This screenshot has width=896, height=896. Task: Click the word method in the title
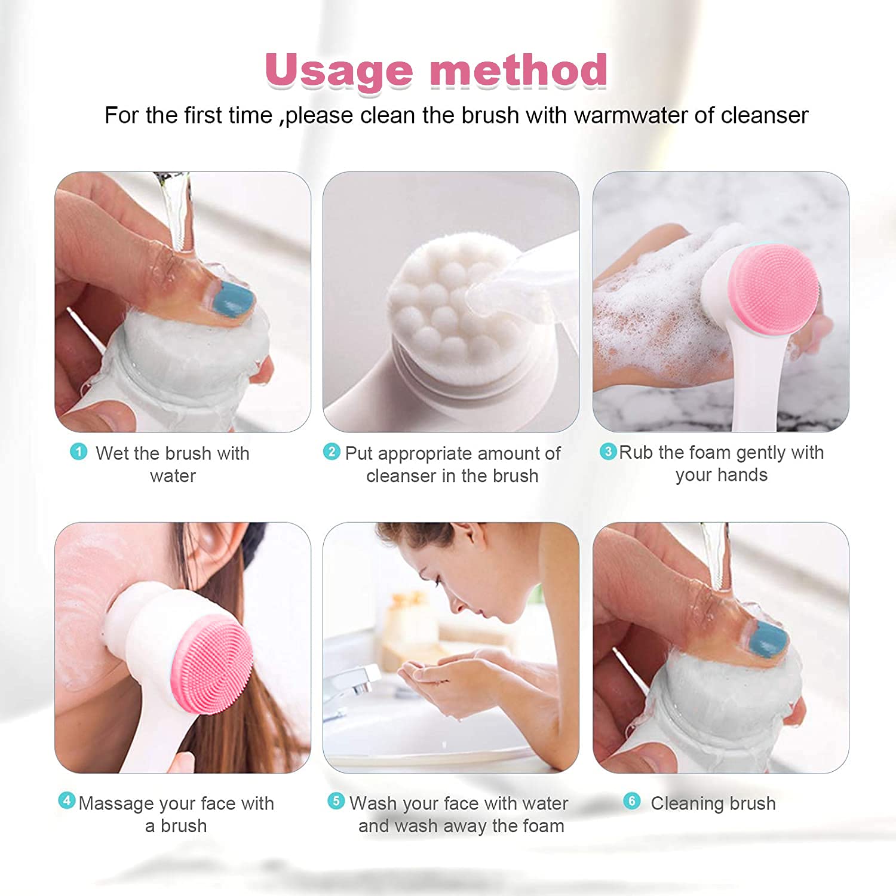[518, 70]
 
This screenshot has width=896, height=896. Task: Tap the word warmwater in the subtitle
[630, 115]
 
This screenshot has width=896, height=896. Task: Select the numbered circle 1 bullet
[78, 452]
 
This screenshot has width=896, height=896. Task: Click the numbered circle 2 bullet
[332, 452]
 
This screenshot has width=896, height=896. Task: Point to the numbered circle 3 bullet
[607, 451]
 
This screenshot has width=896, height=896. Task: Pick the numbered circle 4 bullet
[66, 800]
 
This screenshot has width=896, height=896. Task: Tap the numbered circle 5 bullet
[336, 801]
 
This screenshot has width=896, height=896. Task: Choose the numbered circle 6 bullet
[631, 801]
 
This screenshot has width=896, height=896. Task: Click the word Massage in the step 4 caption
[115, 803]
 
